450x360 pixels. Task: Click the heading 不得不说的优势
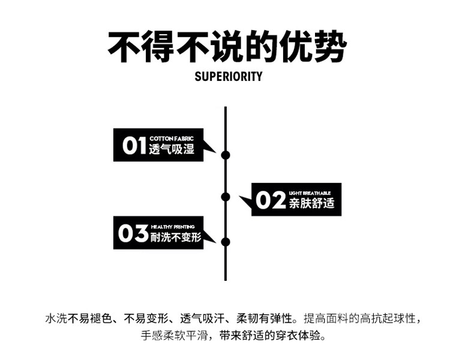(227, 47)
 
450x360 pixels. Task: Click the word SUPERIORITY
(229, 76)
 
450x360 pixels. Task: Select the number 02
(271, 200)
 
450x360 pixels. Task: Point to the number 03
(133, 233)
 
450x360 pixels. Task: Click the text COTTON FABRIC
(172, 139)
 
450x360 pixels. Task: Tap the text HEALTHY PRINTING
(173, 227)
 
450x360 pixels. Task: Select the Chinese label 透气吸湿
(172, 149)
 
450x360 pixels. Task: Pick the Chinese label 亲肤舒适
(311, 203)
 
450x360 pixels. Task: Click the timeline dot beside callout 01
(226, 155)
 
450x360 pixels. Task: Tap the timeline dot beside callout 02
(226, 196)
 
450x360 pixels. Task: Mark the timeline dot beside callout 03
(226, 242)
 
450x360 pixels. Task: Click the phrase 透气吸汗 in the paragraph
(202, 317)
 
